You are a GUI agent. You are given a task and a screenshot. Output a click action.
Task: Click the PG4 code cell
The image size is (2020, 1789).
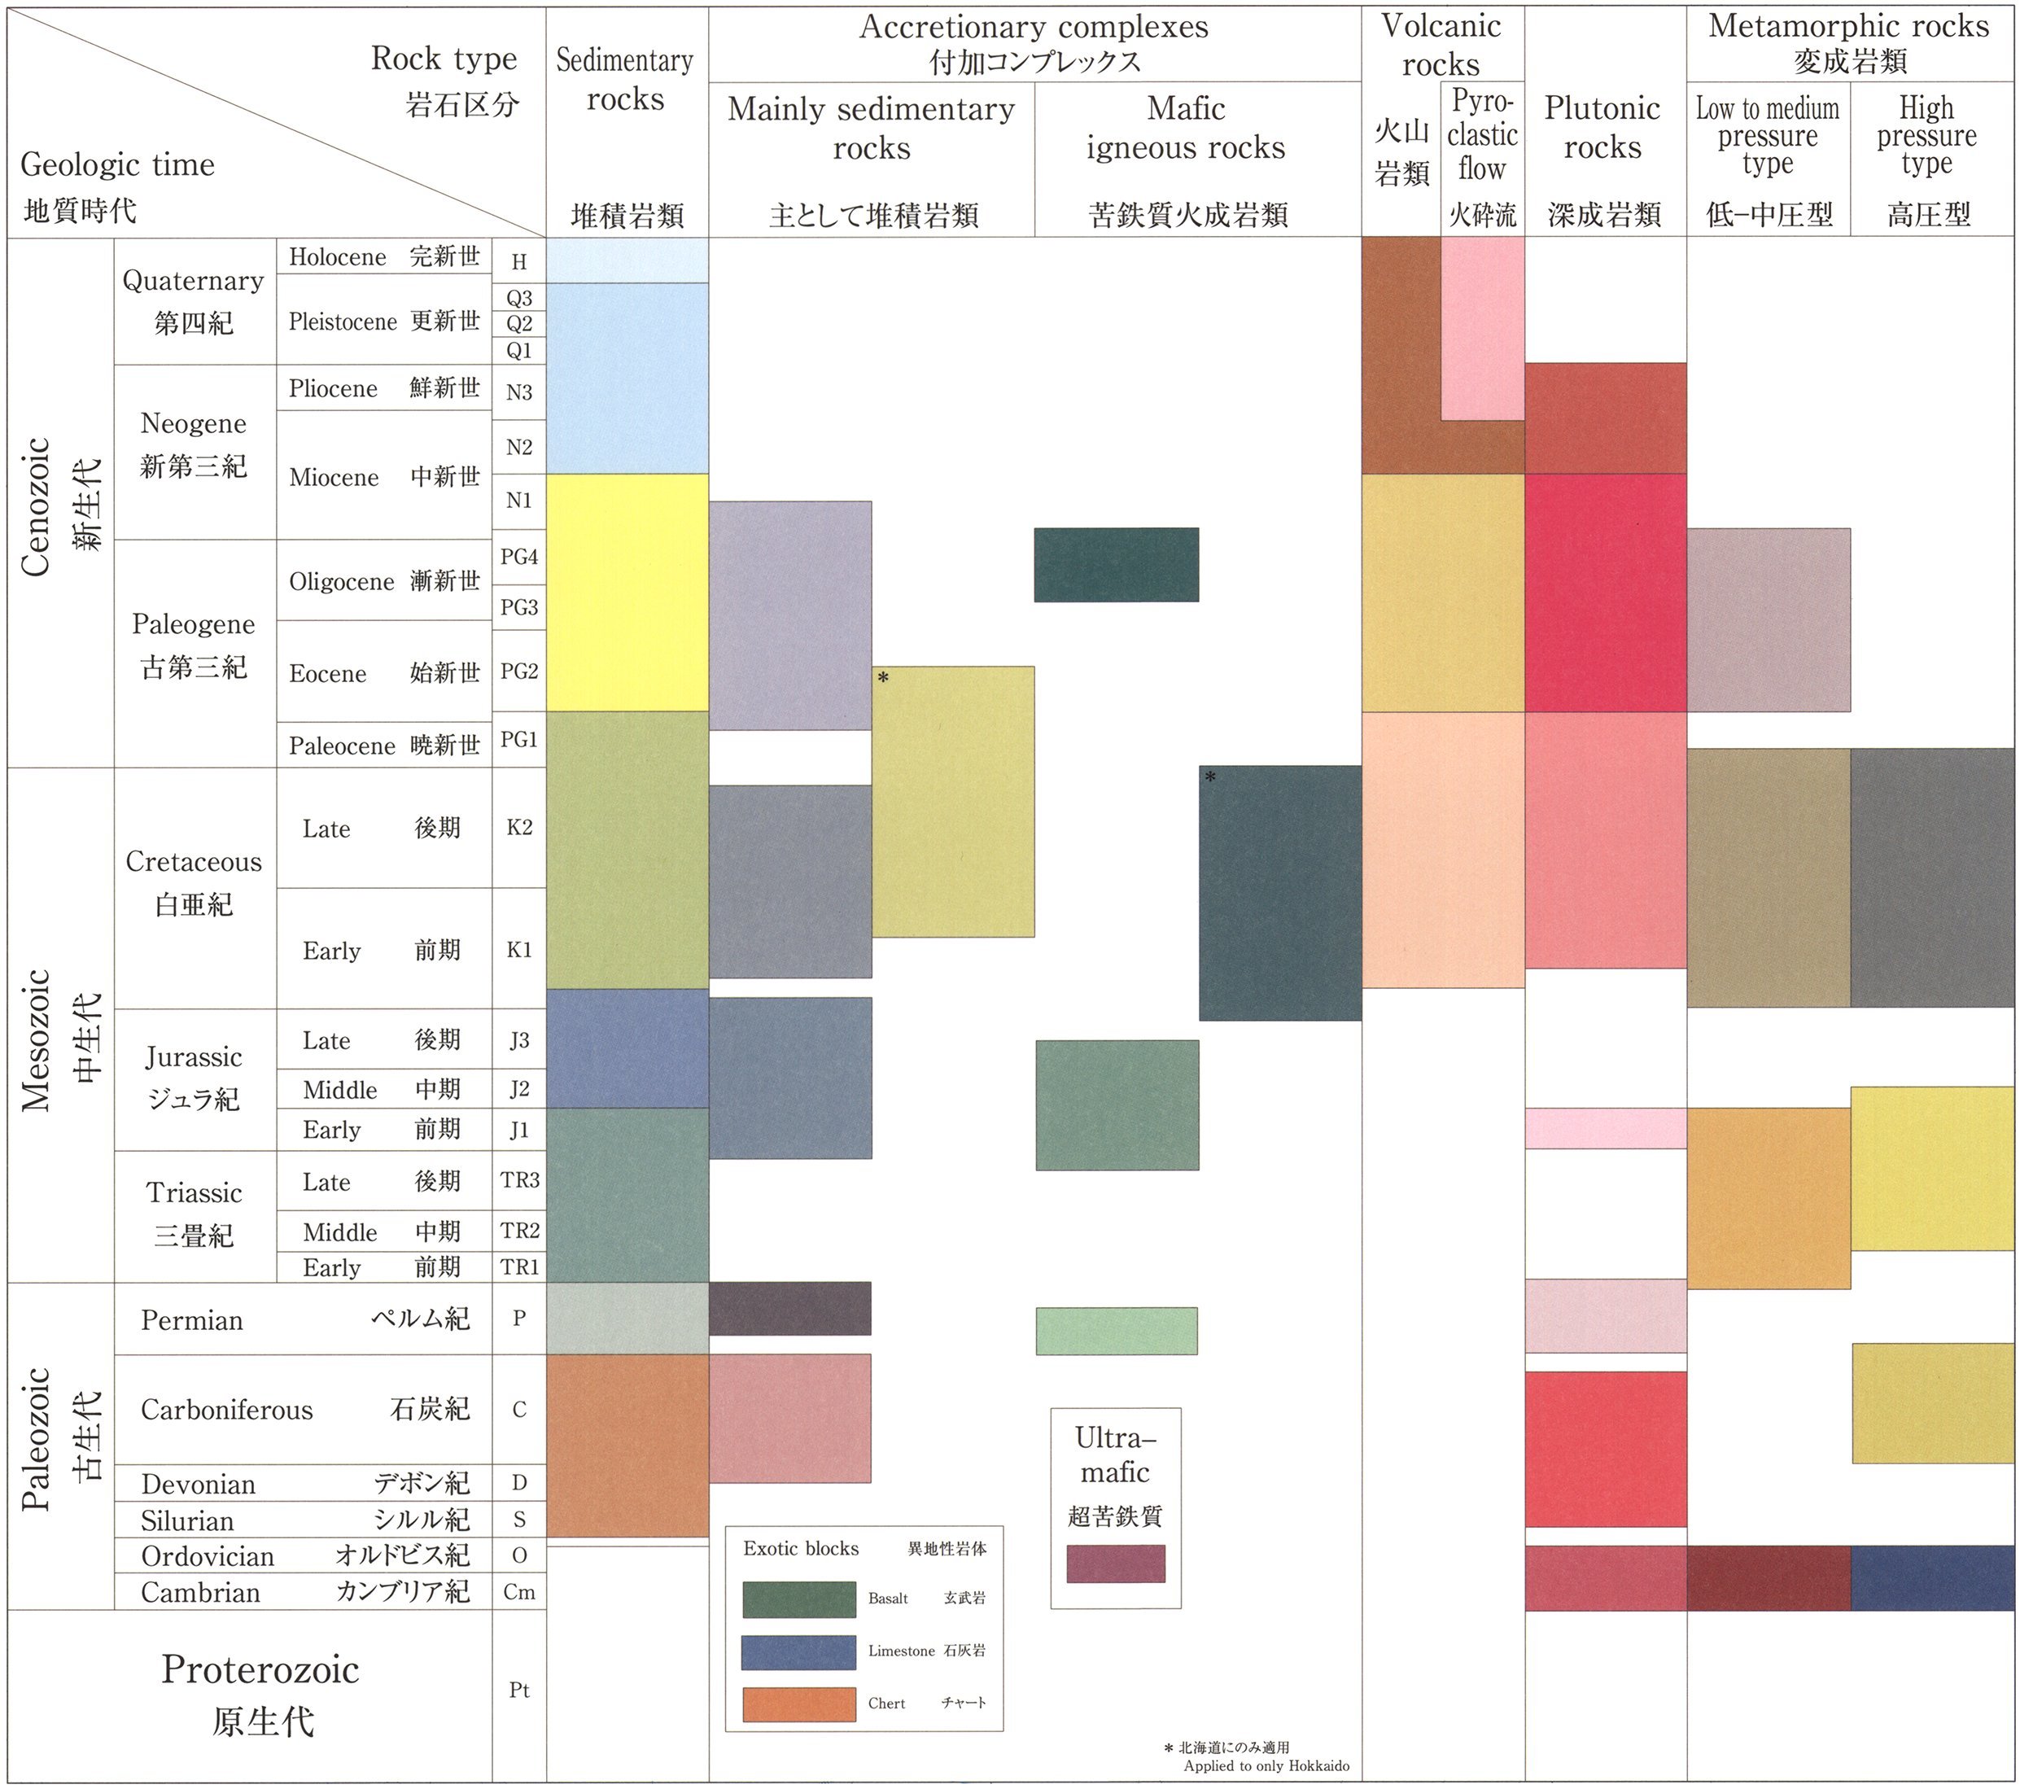pyautogui.click(x=519, y=557)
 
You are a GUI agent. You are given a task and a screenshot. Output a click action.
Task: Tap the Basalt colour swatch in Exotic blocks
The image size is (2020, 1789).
pyautogui.click(x=798, y=1599)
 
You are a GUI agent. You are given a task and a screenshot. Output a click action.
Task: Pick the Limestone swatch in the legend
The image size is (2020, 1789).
pyautogui.click(x=798, y=1651)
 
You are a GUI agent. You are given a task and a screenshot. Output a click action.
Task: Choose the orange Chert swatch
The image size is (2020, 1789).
pyautogui.click(x=798, y=1704)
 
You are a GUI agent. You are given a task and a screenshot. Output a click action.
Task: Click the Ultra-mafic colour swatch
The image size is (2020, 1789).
pyautogui.click(x=1115, y=1564)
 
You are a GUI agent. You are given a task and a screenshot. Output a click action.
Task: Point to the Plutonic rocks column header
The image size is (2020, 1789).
pyautogui.click(x=1603, y=129)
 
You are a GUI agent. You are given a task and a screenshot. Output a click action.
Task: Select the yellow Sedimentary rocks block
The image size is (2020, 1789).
pyautogui.click(x=627, y=592)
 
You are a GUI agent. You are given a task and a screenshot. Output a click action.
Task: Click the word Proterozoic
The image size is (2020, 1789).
pyautogui.click(x=261, y=1669)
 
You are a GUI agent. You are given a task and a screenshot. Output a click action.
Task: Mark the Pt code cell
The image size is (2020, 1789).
pyautogui.click(x=519, y=1691)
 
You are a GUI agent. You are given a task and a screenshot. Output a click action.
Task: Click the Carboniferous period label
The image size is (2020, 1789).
pyautogui.click(x=226, y=1410)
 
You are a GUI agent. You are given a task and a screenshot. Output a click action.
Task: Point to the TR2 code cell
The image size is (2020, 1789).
pyautogui.click(x=519, y=1231)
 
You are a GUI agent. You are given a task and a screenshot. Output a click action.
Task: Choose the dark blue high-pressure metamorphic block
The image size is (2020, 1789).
pyautogui.click(x=1931, y=1578)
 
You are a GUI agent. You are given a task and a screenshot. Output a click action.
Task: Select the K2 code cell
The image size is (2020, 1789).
pyautogui.click(x=519, y=827)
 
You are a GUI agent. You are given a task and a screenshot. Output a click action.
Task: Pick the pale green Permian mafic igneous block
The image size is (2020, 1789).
pyautogui.click(x=1116, y=1331)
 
